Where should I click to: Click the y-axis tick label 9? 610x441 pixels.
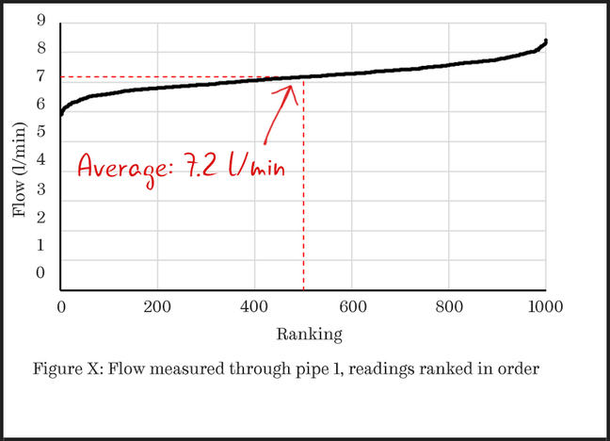pos(39,20)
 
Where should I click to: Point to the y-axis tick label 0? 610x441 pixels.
pos(39,273)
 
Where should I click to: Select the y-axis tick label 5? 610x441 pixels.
pos(39,132)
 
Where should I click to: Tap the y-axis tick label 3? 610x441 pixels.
pos(39,189)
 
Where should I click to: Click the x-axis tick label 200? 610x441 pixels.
pos(157,306)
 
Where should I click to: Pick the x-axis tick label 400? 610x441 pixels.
pos(254,306)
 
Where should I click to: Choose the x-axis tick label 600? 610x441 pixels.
pos(351,306)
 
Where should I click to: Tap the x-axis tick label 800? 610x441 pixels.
pos(448,306)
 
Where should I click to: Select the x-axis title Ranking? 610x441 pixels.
pos(303,334)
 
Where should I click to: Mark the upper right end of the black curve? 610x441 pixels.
pos(546,41)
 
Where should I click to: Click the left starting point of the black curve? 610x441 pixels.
pos(61,114)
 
